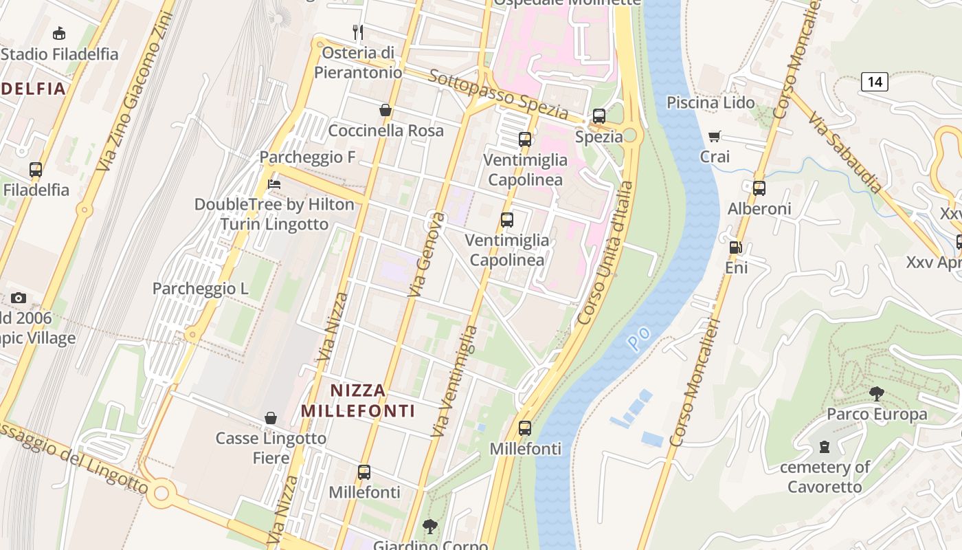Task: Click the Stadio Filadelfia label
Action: [x=60, y=54]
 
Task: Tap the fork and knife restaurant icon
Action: [x=357, y=32]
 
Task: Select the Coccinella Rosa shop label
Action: [x=385, y=130]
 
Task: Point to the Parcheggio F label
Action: [x=307, y=157]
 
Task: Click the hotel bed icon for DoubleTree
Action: [x=274, y=184]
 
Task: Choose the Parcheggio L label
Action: [x=200, y=288]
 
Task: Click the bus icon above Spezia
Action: [x=599, y=116]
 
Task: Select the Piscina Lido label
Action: [x=711, y=102]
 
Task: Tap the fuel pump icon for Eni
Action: [x=735, y=247]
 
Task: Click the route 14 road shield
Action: [x=874, y=82]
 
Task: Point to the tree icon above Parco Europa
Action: [x=876, y=394]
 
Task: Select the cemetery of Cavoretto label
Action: [x=824, y=476]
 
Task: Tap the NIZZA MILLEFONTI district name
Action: [x=358, y=401]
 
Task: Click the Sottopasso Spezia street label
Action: [x=497, y=93]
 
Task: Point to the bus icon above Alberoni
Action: [x=759, y=188]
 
